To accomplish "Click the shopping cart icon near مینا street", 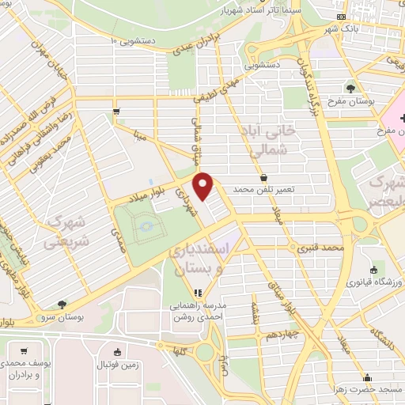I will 116,112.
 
